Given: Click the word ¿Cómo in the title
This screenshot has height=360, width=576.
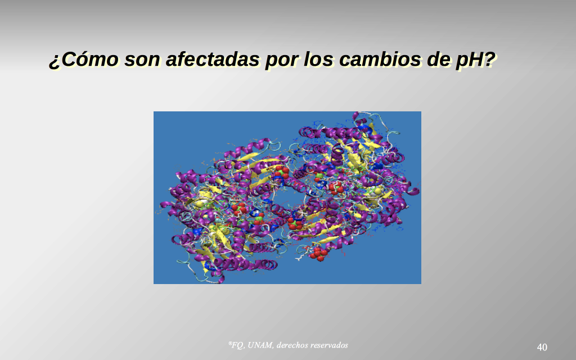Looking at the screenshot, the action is coord(84,60).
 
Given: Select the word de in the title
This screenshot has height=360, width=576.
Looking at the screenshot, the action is coord(438,60).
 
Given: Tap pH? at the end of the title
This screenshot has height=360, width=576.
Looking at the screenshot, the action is coord(476,60).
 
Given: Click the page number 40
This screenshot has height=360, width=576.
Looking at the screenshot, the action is coord(542,347).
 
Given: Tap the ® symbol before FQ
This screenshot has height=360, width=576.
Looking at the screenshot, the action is coord(230,344).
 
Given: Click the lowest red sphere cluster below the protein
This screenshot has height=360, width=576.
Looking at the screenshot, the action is coord(317,254).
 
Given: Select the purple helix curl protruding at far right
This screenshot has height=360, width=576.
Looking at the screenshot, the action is coord(413,191).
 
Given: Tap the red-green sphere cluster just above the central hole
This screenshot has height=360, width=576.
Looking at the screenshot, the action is coord(282,173).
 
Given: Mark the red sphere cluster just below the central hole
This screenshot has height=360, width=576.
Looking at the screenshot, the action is coord(295,223).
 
